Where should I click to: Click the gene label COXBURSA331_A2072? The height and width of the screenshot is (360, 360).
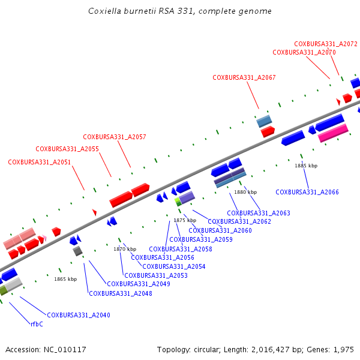click(325, 44)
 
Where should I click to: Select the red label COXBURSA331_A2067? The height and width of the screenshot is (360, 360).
click(244, 77)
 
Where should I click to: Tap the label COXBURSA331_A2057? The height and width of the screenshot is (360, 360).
click(114, 137)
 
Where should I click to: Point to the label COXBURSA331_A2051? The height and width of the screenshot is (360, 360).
click(39, 162)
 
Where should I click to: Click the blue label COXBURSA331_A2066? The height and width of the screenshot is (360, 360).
click(307, 192)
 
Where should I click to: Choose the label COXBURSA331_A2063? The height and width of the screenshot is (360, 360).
click(259, 213)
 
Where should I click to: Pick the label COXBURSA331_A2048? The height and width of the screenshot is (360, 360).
click(120, 293)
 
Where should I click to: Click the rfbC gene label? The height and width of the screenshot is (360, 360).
click(37, 324)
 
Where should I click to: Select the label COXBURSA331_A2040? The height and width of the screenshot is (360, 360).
click(79, 315)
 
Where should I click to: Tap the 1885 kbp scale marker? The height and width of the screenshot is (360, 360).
click(305, 166)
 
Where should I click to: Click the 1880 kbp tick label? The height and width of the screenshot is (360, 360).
click(245, 192)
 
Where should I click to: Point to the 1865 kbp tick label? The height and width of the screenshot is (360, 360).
click(65, 279)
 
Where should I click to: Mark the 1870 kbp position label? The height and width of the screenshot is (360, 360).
click(125, 249)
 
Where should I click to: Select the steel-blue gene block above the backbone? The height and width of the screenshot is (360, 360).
click(264, 121)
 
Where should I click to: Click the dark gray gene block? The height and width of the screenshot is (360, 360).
click(77, 251)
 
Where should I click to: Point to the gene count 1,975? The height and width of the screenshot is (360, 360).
click(344, 349)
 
